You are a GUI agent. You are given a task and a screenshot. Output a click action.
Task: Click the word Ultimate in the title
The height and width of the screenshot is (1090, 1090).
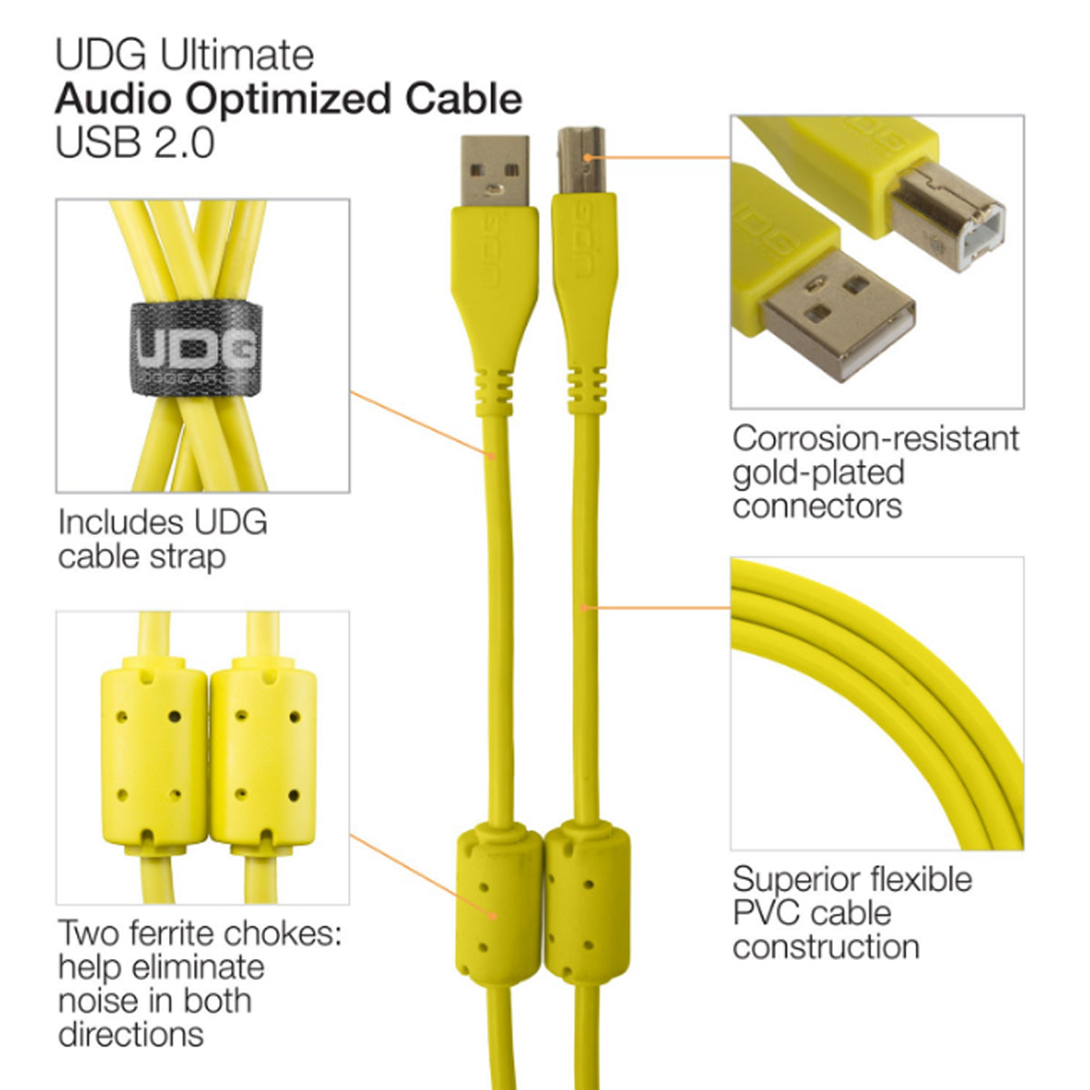(x=237, y=54)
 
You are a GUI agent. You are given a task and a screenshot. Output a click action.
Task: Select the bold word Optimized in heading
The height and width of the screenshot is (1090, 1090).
(x=304, y=99)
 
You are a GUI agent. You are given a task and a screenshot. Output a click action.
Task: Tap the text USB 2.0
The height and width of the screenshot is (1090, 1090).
(x=134, y=143)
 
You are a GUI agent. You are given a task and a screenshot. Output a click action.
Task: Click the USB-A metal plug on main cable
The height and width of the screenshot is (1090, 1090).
(x=494, y=171)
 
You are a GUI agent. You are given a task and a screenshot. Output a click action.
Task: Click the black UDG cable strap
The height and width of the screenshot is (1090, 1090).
(x=196, y=348)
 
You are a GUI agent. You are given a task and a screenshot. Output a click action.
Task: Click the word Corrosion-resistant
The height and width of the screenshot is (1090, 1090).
(x=876, y=439)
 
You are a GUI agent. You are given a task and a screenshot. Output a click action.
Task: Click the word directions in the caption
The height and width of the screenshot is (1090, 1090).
(x=131, y=1034)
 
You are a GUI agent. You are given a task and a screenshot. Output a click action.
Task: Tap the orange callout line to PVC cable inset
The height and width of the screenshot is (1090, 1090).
(x=658, y=607)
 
